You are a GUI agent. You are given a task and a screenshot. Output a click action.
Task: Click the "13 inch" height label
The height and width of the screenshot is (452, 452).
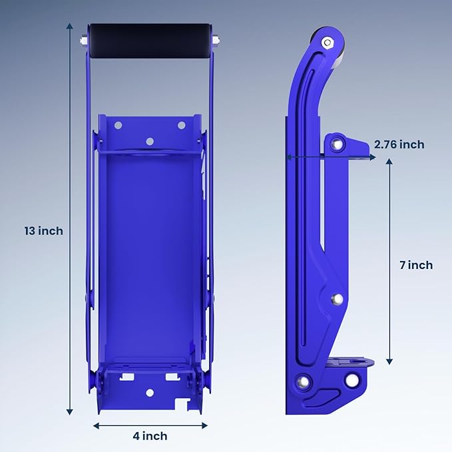[x=43, y=231]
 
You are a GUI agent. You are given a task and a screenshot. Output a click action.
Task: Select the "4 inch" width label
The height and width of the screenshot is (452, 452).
[x=150, y=436]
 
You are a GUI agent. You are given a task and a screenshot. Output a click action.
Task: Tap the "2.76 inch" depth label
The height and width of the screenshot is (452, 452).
[x=399, y=144]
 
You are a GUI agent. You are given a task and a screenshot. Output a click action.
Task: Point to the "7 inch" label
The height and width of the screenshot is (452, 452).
[x=415, y=265]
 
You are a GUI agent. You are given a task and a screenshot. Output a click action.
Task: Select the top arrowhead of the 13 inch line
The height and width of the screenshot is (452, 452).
[x=70, y=25]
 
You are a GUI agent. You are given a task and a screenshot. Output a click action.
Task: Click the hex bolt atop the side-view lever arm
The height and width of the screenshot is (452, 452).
[x=327, y=43]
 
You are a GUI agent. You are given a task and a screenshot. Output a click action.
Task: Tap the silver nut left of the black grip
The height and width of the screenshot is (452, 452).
[x=82, y=40]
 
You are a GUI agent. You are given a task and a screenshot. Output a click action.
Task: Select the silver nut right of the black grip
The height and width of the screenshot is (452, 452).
[x=217, y=40]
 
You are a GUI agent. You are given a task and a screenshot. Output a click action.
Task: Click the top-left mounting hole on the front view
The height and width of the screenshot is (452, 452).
[x=118, y=125]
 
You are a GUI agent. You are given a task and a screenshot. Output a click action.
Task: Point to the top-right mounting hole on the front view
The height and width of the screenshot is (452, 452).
[x=181, y=125]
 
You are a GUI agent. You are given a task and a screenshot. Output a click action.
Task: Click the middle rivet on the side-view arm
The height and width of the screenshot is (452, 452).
[x=337, y=300]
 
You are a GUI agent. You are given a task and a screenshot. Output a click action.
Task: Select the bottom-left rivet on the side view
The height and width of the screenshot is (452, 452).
[x=304, y=382]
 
